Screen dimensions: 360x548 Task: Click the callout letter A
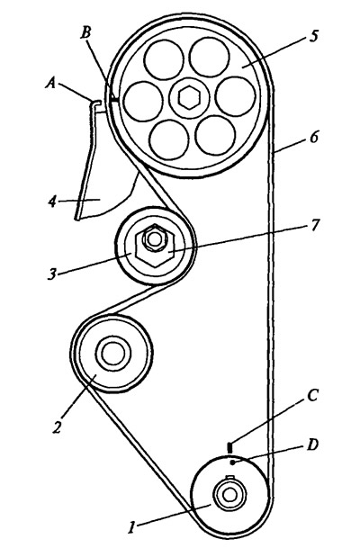51,83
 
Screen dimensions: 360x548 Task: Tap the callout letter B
85,33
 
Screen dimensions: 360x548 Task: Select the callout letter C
311,396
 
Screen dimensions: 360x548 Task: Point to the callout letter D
312,445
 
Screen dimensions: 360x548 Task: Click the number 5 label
314,36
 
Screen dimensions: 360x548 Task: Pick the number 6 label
314,137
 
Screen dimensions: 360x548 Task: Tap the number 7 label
315,225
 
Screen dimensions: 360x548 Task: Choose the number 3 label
51,274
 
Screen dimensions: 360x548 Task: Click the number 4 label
52,202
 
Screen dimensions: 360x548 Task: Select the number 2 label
57,427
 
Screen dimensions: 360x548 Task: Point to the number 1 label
131,527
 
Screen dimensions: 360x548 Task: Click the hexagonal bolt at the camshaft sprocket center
188,97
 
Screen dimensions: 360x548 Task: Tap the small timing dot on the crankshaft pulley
233,463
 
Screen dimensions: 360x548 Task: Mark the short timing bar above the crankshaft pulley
229,448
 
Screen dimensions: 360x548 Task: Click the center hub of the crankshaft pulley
229,494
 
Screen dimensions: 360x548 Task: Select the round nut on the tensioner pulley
153,238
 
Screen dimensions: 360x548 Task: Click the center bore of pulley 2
112,353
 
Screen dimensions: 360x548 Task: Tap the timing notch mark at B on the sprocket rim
114,100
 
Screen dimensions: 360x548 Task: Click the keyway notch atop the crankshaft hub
229,478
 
